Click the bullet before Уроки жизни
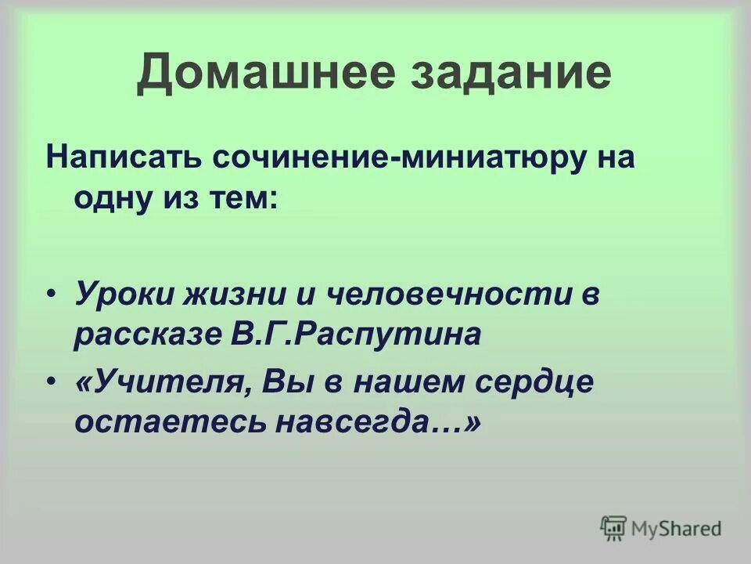(x=52, y=295)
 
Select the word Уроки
(x=124, y=295)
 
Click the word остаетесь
(x=169, y=421)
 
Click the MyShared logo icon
(x=613, y=528)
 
